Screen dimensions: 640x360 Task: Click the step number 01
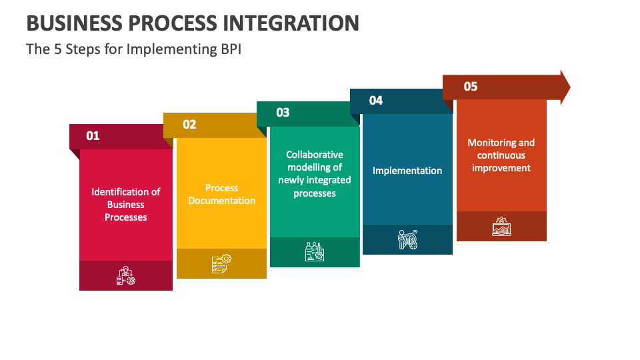(93, 136)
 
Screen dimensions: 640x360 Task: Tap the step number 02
(189, 125)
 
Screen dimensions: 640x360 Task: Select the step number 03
(283, 113)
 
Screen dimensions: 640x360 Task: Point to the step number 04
(376, 101)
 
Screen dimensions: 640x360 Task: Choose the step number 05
(471, 87)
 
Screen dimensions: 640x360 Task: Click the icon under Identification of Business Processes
(126, 275)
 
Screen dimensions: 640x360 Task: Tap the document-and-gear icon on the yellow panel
(221, 264)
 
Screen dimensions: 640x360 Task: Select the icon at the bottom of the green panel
(315, 251)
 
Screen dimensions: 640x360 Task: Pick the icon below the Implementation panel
(408, 239)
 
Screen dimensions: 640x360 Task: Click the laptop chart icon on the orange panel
(501, 226)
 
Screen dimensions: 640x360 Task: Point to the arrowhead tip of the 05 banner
(570, 87)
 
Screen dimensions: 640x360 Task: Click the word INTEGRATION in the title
(291, 23)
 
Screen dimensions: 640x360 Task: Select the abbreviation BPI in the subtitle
(231, 49)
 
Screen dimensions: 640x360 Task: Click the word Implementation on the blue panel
(407, 171)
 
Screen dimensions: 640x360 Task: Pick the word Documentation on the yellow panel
(221, 201)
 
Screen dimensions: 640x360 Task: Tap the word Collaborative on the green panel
(315, 155)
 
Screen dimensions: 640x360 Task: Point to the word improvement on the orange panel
(501, 168)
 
